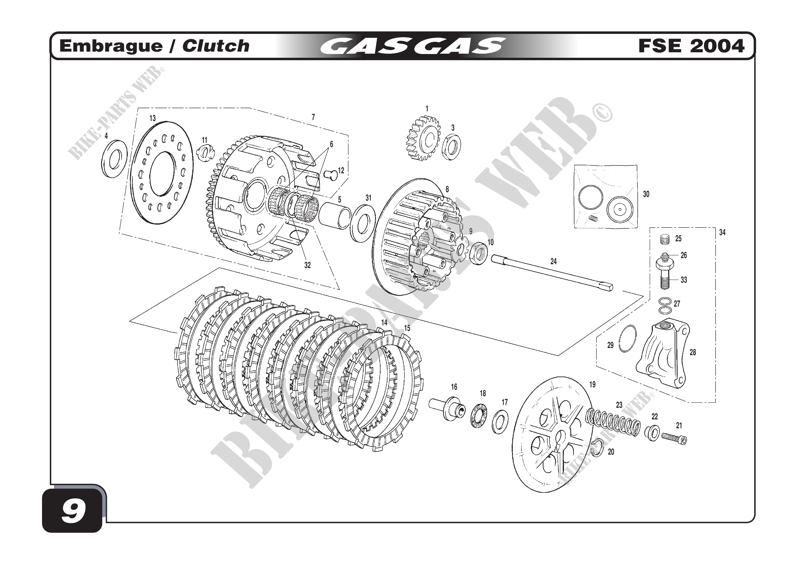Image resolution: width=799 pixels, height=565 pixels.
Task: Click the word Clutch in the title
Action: click(216, 46)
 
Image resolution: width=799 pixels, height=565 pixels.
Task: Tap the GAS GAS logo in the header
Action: click(412, 46)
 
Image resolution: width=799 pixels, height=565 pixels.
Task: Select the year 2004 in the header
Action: click(718, 46)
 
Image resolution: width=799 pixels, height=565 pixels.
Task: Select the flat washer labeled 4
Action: click(114, 159)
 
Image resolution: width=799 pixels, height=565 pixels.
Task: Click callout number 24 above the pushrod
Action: click(553, 261)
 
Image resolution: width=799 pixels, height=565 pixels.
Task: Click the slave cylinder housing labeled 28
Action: click(663, 355)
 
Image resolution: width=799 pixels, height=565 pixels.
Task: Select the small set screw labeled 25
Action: click(665, 240)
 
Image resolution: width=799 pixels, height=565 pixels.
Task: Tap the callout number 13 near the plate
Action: click(152, 118)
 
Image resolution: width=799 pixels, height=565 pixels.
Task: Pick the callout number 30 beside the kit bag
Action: click(646, 194)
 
